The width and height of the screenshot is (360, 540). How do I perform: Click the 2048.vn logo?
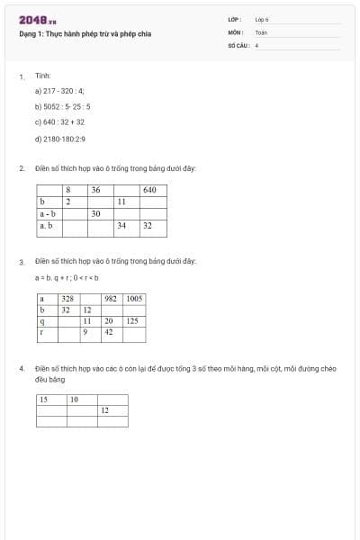pyautogui.click(x=38, y=20)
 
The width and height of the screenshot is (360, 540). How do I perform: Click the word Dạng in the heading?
pyautogui.click(x=28, y=35)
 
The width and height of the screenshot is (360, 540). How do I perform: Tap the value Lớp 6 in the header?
pyautogui.click(x=262, y=18)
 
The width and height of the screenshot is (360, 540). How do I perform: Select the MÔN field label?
pyautogui.click(x=237, y=31)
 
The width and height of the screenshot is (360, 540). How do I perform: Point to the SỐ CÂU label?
pyautogui.click(x=238, y=44)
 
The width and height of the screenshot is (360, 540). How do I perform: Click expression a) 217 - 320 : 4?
pyautogui.click(x=59, y=91)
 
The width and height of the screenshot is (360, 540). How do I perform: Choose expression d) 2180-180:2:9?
pyautogui.click(x=60, y=139)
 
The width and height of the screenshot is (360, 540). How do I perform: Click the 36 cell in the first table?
pyautogui.click(x=95, y=190)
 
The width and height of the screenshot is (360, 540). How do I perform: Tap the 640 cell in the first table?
pyautogui.click(x=149, y=190)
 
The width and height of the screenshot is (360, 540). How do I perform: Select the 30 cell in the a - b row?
pyautogui.click(x=95, y=214)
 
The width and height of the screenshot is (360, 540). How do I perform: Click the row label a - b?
pyautogui.click(x=48, y=214)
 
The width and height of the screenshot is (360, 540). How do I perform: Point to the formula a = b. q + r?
pyautogui.click(x=67, y=277)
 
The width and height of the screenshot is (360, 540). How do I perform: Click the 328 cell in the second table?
pyautogui.click(x=67, y=298)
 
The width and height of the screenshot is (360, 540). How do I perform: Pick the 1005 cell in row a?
pyautogui.click(x=133, y=298)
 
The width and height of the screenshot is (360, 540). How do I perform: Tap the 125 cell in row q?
pyautogui.click(x=131, y=320)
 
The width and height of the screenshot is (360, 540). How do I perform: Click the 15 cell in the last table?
pyautogui.click(x=43, y=399)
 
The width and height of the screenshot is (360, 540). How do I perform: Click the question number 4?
pyautogui.click(x=22, y=369)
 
